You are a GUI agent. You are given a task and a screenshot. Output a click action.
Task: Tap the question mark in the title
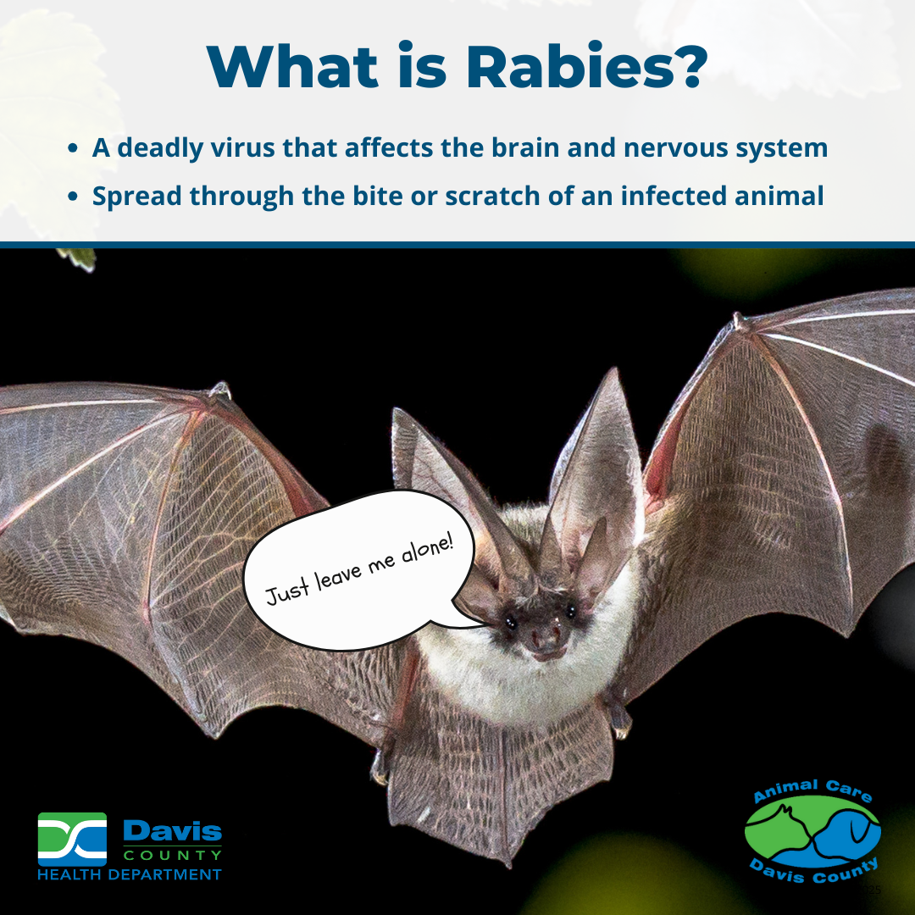pyautogui.click(x=688, y=67)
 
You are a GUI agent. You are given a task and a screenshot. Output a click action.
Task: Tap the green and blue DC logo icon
pyautogui.click(x=72, y=839)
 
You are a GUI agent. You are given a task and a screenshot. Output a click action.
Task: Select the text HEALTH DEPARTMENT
pyautogui.click(x=129, y=873)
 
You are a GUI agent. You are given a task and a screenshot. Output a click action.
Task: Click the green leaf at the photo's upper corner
pyautogui.click(x=78, y=258)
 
